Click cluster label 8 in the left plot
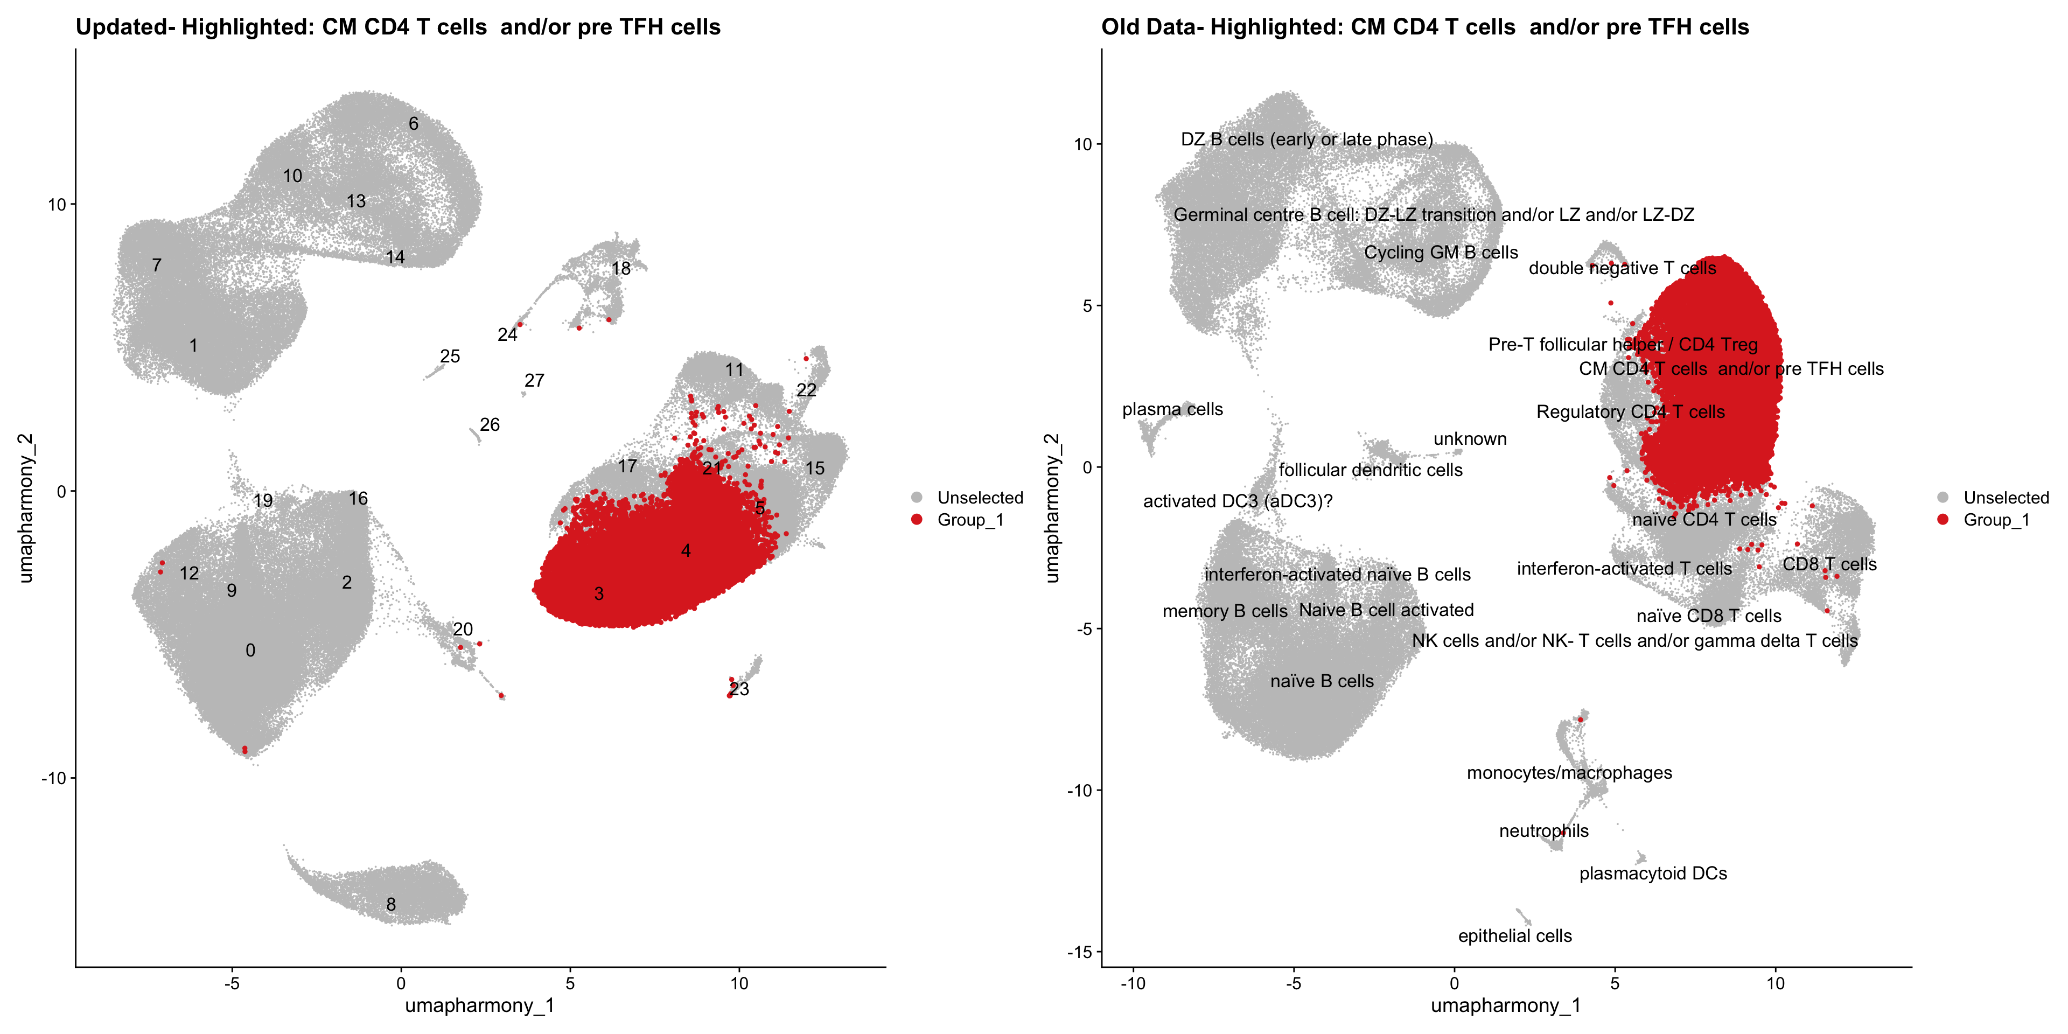click(391, 905)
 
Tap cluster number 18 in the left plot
click(620, 268)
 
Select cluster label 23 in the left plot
click(739, 689)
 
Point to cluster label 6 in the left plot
click(414, 124)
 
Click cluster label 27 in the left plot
click(534, 381)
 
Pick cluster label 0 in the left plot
click(250, 650)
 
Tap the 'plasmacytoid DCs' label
click(1652, 874)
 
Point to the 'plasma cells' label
click(1172, 409)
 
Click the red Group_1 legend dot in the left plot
click(917, 519)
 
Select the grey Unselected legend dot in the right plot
click(1943, 498)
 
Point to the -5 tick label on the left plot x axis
click(232, 983)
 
